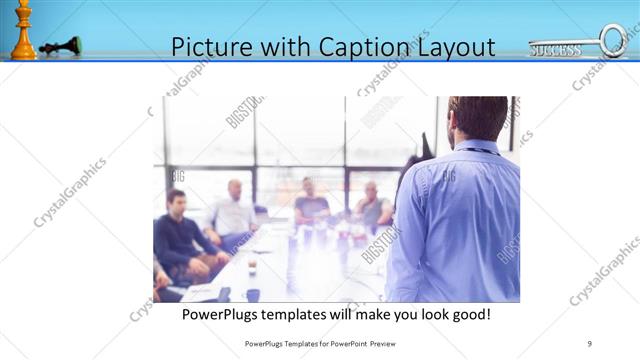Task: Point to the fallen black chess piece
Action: tap(61, 45)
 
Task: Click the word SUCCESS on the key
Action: tap(555, 49)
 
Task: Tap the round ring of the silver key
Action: tap(613, 40)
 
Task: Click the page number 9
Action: tap(590, 344)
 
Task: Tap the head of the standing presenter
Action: tap(477, 118)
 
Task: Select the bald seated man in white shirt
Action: tap(234, 212)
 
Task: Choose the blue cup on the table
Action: tap(252, 294)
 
